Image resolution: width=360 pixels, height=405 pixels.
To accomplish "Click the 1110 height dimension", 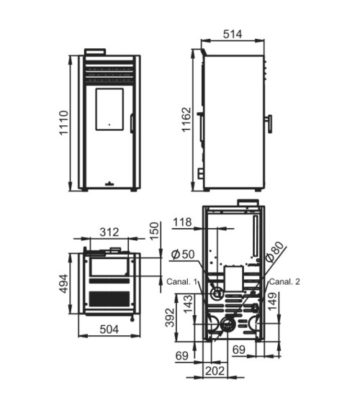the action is [x=63, y=123].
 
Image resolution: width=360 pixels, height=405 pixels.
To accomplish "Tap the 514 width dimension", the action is [x=233, y=34].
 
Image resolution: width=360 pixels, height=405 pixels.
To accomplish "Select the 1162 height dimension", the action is [x=186, y=119].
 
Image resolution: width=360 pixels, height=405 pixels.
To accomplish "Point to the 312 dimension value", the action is [x=109, y=232].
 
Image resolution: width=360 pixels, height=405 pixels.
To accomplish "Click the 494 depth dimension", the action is [x=63, y=283].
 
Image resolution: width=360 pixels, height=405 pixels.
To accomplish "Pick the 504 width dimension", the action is [x=109, y=329].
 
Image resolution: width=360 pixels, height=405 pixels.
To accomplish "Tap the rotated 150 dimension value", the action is [x=154, y=231].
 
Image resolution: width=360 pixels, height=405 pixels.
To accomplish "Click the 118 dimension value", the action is [x=182, y=222].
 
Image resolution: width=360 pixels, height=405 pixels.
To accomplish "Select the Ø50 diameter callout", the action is [x=183, y=254].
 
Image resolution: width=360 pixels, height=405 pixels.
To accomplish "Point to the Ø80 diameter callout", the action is [x=275, y=252].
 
